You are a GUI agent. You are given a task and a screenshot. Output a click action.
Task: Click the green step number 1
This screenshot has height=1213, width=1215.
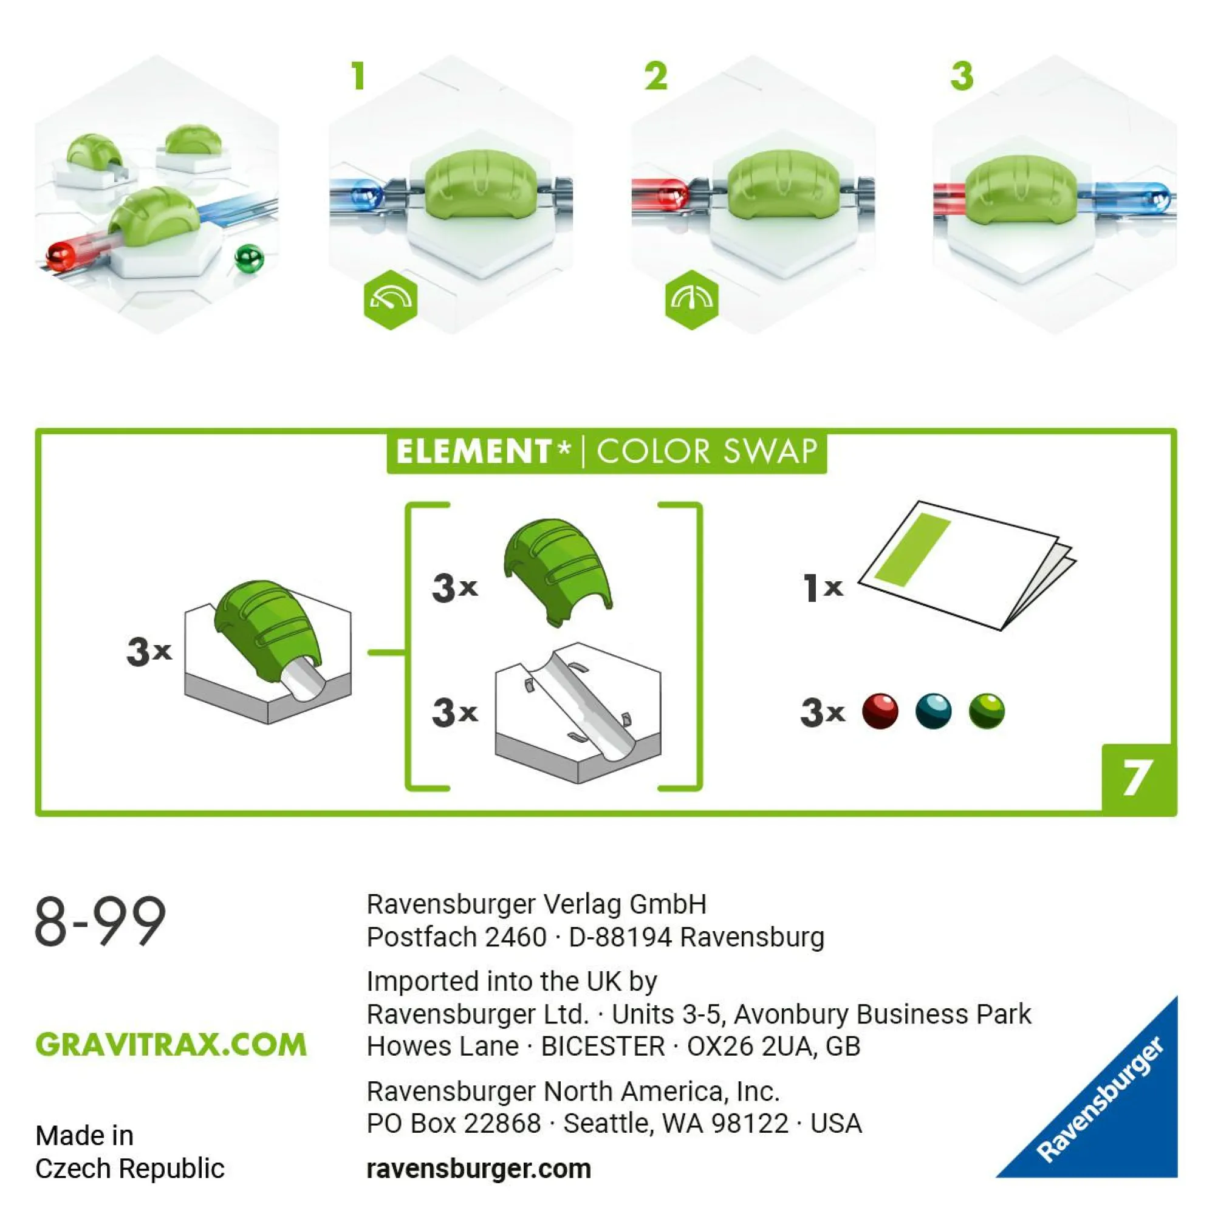[358, 76]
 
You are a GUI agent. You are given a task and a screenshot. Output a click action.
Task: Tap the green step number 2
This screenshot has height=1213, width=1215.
[656, 76]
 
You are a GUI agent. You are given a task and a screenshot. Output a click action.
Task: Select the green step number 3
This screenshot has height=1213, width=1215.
[962, 76]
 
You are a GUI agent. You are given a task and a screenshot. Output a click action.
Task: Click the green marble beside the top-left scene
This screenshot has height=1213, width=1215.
[249, 258]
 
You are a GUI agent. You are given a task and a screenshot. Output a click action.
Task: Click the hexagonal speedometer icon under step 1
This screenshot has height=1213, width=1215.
[391, 299]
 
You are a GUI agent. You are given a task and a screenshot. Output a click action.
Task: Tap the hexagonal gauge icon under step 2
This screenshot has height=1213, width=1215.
[692, 299]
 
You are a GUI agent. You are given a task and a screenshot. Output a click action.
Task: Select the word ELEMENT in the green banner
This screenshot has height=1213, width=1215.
[474, 451]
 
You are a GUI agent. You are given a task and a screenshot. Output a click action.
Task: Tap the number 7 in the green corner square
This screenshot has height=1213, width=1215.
[1136, 778]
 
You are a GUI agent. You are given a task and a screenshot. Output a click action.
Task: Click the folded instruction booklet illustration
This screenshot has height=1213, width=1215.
[967, 565]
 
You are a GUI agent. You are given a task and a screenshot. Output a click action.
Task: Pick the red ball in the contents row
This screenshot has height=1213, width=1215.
[880, 711]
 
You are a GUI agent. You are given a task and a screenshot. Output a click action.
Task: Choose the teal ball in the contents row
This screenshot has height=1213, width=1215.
[933, 711]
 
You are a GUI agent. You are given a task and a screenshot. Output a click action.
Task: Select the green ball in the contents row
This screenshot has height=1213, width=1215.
[987, 711]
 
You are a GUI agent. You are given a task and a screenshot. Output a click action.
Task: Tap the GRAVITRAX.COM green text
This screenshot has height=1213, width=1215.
[171, 1045]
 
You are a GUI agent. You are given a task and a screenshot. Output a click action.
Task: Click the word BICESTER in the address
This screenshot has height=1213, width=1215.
[603, 1047]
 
